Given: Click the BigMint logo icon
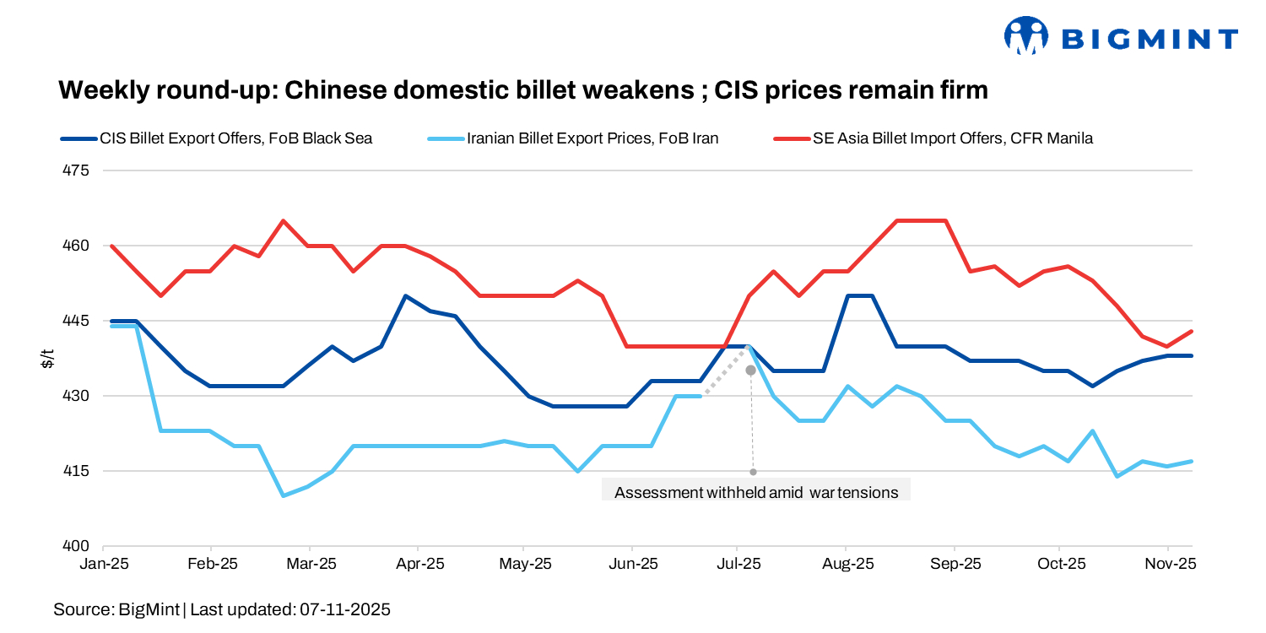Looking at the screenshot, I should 1025,36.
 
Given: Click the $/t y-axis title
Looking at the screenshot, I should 48,358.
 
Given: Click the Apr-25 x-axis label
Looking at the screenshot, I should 419,564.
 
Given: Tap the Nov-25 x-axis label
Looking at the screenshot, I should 1169,564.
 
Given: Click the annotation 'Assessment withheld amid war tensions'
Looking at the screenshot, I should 756,492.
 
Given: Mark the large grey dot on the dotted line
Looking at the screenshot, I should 750,371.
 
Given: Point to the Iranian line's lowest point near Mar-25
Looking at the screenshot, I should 284,495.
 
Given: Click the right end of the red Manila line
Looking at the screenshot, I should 1192,331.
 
